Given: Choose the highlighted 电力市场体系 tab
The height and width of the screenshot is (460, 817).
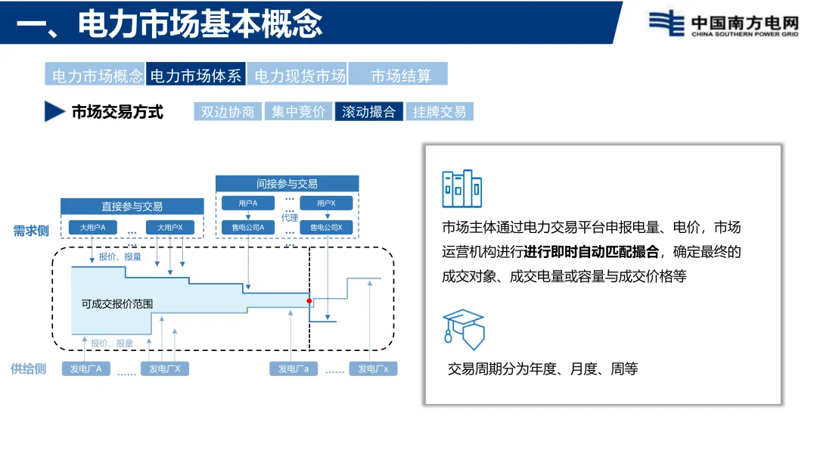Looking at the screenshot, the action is coord(195,76).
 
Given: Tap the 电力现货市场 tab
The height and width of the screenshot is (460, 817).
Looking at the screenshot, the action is coord(299,76).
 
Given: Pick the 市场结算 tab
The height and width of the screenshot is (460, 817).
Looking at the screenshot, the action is coord(400,76).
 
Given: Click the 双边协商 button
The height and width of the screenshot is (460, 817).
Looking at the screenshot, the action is coord(228,112).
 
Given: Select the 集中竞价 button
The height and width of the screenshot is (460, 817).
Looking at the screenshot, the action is coord(298,112).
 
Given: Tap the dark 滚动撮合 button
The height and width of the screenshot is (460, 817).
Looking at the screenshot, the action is coord(368,112).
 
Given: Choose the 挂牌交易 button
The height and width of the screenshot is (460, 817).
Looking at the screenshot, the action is coord(439,112).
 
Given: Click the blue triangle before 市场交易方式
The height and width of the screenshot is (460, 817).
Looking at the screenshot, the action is coord(54,111).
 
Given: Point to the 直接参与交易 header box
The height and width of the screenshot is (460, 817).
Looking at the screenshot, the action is coord(132,206).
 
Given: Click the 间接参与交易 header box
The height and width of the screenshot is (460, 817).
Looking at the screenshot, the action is coord(287,184).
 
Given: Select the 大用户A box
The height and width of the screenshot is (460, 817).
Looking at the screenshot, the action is coord(92,227).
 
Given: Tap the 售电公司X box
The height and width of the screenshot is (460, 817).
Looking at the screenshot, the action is coord(325,227).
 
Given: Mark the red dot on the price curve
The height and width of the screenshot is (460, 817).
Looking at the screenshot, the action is coord(309,301).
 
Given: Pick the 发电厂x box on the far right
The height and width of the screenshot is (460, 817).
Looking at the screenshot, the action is coord(373,369).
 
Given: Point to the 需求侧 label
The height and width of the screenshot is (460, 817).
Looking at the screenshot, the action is coord(31,231).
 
